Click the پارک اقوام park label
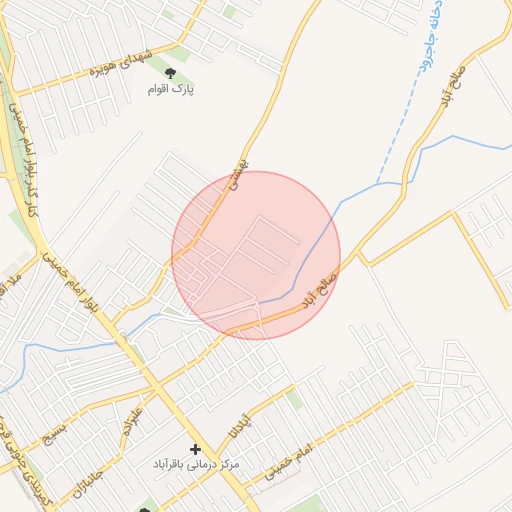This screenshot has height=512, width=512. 170,90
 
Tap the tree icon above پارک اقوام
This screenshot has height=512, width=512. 169,73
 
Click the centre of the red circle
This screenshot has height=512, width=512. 256,255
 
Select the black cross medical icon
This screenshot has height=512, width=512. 195,450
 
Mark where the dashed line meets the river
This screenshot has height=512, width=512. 379,182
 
